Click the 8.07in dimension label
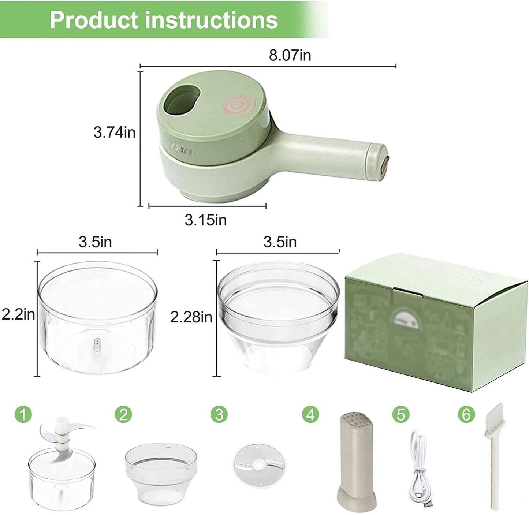pyautogui.click(x=290, y=56)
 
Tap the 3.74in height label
pyautogui.click(x=114, y=133)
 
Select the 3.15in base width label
pyautogui.click(x=205, y=220)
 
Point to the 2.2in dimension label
pyautogui.click(x=18, y=314)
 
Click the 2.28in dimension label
pyautogui.click(x=191, y=317)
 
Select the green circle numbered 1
pyautogui.click(x=23, y=414)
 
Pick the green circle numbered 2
pyautogui.click(x=123, y=414)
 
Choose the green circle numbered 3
pyautogui.click(x=219, y=414)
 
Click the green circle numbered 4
pyautogui.click(x=310, y=414)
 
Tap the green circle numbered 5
pyautogui.click(x=401, y=414)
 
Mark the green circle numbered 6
pyautogui.click(x=466, y=414)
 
